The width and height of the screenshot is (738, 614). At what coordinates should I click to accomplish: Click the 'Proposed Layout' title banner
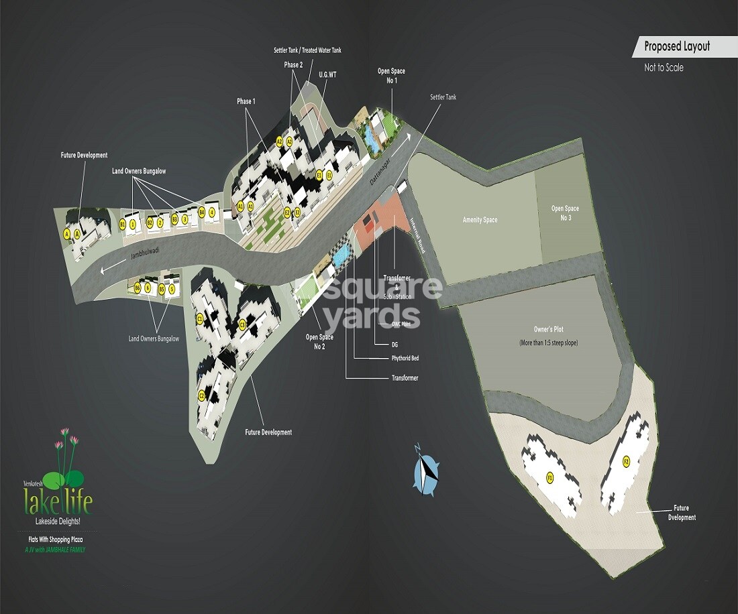tap(676, 47)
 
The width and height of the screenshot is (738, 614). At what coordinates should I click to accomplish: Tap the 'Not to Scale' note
tap(664, 68)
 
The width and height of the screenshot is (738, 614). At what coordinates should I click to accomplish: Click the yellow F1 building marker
tap(550, 478)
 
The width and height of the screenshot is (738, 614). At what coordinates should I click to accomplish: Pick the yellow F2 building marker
tap(626, 461)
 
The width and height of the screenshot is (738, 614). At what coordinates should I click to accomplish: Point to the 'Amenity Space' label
tap(480, 220)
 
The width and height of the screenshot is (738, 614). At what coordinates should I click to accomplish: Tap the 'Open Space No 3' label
tap(565, 212)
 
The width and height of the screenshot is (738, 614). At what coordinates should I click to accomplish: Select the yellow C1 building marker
tap(200, 319)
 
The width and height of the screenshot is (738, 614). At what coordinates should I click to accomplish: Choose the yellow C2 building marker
tap(201, 395)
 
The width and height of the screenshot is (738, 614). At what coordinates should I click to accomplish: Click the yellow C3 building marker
tap(242, 325)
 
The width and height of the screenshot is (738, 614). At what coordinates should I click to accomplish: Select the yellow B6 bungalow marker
tap(138, 288)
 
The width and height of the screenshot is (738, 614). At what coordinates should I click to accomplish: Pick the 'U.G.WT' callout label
tap(327, 74)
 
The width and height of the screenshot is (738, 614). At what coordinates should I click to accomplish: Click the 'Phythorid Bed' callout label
tap(405, 359)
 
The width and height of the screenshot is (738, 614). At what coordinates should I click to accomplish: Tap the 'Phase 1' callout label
tap(246, 101)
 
